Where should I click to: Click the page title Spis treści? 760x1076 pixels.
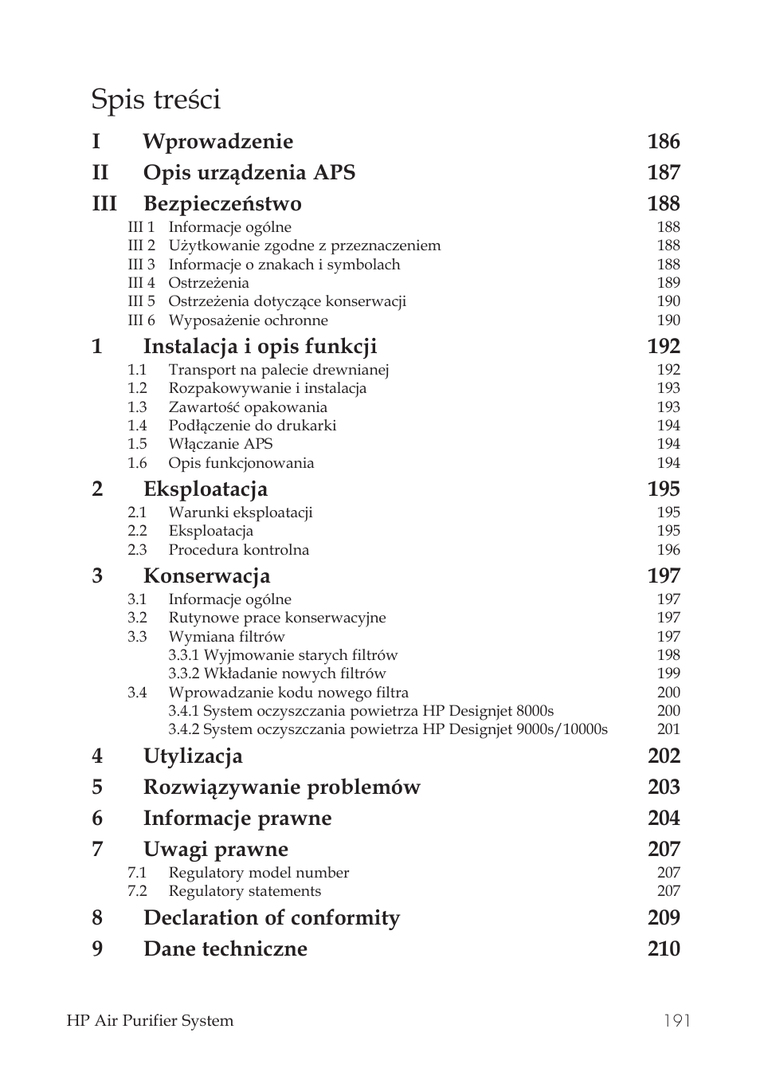[155, 100]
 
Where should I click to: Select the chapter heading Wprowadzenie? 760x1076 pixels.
[217, 142]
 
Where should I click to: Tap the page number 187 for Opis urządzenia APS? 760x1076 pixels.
[663, 173]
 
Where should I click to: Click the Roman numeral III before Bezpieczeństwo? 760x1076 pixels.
[104, 204]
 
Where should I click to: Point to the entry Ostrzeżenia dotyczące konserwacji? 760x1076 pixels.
[287, 301]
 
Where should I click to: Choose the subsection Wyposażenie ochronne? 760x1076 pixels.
[248, 320]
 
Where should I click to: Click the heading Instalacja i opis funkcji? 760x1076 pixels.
[260, 347]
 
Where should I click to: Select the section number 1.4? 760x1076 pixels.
[137, 426]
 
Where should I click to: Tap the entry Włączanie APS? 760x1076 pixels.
[220, 444]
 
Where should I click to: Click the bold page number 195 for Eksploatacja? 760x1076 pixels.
[663, 489]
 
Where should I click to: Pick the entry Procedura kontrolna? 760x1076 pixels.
[238, 550]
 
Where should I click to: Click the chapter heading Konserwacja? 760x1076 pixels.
[206, 576]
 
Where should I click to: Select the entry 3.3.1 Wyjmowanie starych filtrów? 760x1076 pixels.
[283, 655]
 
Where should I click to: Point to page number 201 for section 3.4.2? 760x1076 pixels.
[668, 729]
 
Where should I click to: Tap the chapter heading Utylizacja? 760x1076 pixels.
[193, 756]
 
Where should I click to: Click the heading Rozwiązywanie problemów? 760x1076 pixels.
[281, 787]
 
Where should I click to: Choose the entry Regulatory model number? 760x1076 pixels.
[258, 873]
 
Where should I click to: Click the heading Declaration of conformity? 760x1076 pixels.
[271, 918]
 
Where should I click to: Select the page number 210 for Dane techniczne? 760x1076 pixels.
[663, 949]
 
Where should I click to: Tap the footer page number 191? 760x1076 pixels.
[676, 1021]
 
